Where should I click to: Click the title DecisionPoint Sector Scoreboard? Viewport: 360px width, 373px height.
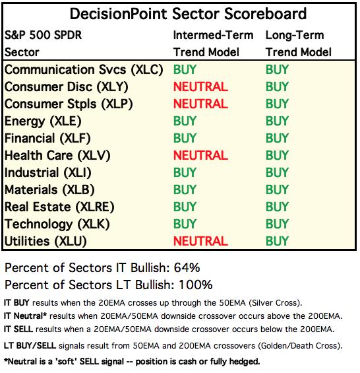(188, 14)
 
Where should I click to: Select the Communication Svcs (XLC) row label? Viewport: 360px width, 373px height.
(84, 70)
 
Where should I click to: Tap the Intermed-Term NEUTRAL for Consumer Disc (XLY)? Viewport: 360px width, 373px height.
(200, 86)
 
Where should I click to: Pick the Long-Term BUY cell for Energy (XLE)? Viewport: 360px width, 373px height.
(277, 121)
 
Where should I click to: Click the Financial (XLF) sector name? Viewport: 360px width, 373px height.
(47, 139)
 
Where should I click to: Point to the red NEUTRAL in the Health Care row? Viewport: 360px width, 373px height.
(200, 155)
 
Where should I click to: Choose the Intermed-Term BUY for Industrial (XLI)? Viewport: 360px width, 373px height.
(185, 172)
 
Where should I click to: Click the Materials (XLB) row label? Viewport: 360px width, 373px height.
(49, 190)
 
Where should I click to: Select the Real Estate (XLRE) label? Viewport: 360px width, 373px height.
(59, 207)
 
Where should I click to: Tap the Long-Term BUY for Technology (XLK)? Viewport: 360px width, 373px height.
(277, 224)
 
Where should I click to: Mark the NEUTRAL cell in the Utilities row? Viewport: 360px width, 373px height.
(200, 241)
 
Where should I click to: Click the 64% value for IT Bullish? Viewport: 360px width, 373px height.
(187, 267)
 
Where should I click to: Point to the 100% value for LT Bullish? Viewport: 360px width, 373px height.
(196, 285)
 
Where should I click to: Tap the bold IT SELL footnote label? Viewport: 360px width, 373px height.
(18, 329)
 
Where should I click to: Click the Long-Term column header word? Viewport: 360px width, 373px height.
(295, 35)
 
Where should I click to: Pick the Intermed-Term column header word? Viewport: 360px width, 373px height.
(213, 35)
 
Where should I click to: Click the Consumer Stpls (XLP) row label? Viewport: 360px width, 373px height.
(69, 104)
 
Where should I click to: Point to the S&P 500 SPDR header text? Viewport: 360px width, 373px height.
(44, 35)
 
